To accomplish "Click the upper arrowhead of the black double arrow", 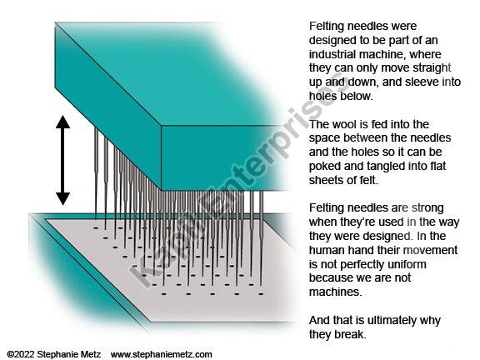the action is (62, 122).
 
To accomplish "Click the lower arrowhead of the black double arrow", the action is (62, 198).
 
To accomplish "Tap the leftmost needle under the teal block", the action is (96, 173).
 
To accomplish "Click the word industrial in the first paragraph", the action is (332, 54).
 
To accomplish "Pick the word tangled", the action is (385, 166).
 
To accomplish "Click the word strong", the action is (427, 208).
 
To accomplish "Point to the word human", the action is (326, 250).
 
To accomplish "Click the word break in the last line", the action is (350, 334).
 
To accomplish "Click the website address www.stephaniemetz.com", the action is (162, 354).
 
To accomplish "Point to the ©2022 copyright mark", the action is (21, 354).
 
